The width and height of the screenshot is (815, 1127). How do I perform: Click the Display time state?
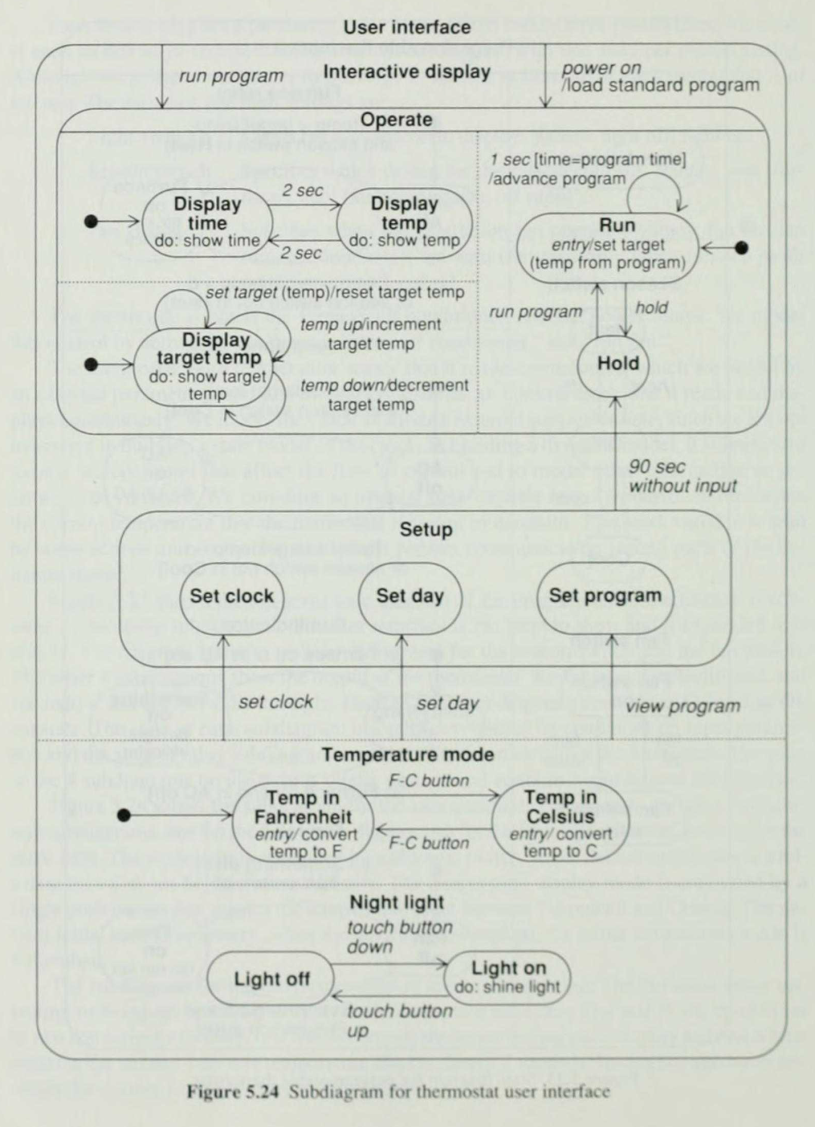pos(208,223)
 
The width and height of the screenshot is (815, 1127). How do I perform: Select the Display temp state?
pos(404,223)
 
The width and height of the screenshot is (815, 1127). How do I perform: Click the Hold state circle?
pos(618,364)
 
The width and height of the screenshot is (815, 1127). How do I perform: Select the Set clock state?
pos(231,596)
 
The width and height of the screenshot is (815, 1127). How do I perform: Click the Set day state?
pos(410,596)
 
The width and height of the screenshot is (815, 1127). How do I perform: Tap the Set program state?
pos(604,596)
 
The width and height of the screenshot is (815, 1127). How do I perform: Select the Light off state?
pos(271,979)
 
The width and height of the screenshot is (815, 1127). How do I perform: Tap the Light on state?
pos(508,977)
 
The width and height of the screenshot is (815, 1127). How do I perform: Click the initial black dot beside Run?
pos(742,247)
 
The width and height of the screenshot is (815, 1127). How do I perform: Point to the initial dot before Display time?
pos(91,222)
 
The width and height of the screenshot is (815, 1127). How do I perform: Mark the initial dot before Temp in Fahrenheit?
pos(125,815)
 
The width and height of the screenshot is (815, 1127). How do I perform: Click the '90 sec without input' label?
pos(682,477)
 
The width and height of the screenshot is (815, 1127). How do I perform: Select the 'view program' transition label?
pos(683,707)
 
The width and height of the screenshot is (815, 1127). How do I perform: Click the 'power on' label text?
pos(601,68)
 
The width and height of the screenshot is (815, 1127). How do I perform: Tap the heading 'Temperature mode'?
pos(407,755)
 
